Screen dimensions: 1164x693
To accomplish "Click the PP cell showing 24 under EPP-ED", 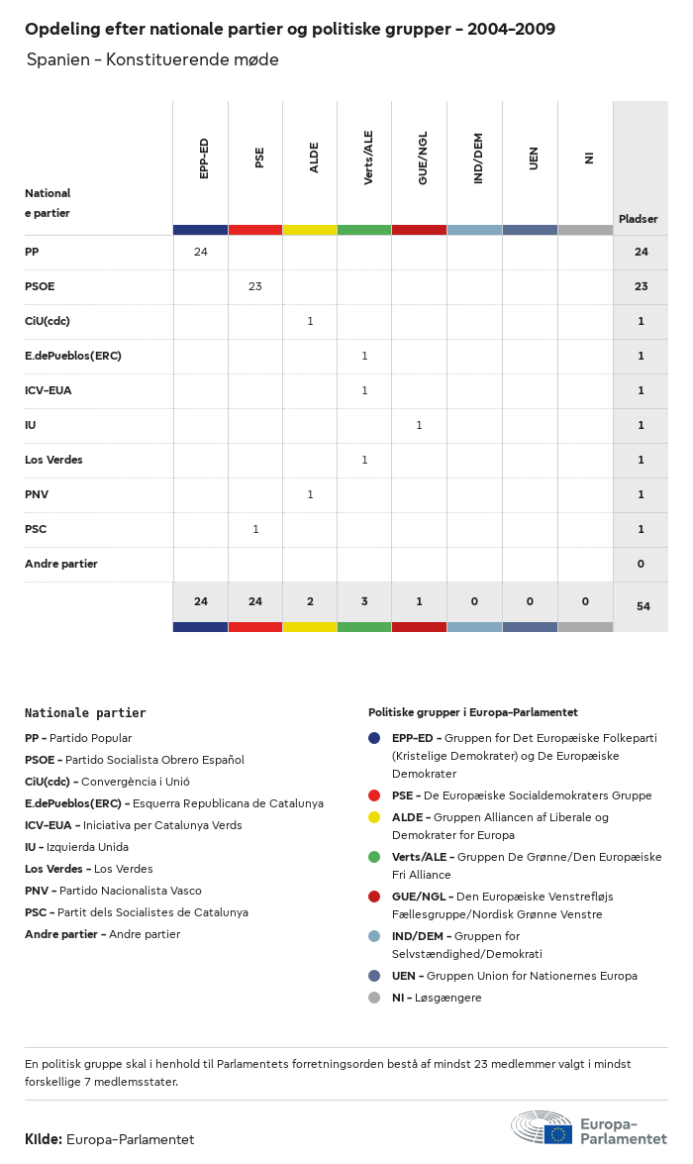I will click(201, 252).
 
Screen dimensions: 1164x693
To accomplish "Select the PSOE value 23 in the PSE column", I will click(255, 286).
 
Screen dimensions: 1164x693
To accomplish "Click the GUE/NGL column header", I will click(423, 159).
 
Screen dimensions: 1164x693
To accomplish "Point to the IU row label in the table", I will click(31, 425).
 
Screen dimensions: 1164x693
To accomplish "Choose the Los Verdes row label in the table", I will click(53, 460).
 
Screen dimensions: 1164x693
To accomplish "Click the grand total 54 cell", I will click(643, 606).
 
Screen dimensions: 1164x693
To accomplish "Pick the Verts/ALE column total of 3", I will click(364, 601).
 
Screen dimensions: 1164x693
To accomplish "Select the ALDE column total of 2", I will click(310, 601).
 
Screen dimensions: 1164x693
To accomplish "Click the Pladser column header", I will click(639, 219).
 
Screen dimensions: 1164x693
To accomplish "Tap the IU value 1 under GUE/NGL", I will click(419, 425).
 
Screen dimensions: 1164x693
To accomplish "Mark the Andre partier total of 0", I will click(641, 564).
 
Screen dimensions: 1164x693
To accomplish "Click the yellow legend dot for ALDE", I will click(374, 817).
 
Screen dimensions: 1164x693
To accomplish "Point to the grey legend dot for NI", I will click(374, 998).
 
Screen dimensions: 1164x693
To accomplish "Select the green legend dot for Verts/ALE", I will click(374, 857).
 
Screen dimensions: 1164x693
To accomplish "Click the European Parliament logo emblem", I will click(542, 1128).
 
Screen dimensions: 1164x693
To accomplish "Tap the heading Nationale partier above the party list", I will click(85, 712).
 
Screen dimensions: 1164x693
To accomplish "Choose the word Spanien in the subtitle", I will click(55, 60).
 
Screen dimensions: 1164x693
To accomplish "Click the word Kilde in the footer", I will click(43, 1139).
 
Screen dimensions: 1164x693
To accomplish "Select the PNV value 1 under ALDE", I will click(310, 494).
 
